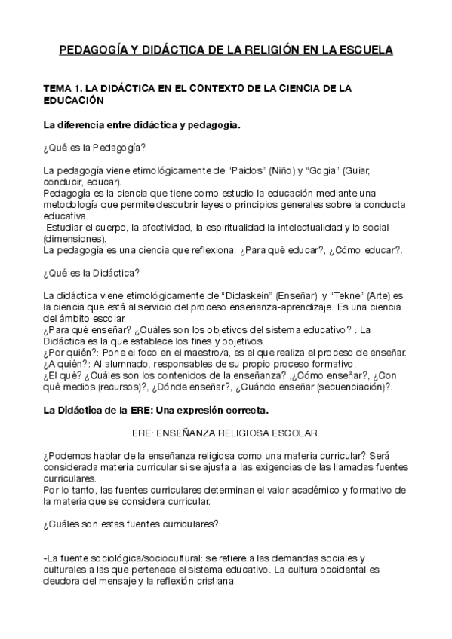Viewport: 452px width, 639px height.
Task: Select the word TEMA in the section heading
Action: (58, 89)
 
